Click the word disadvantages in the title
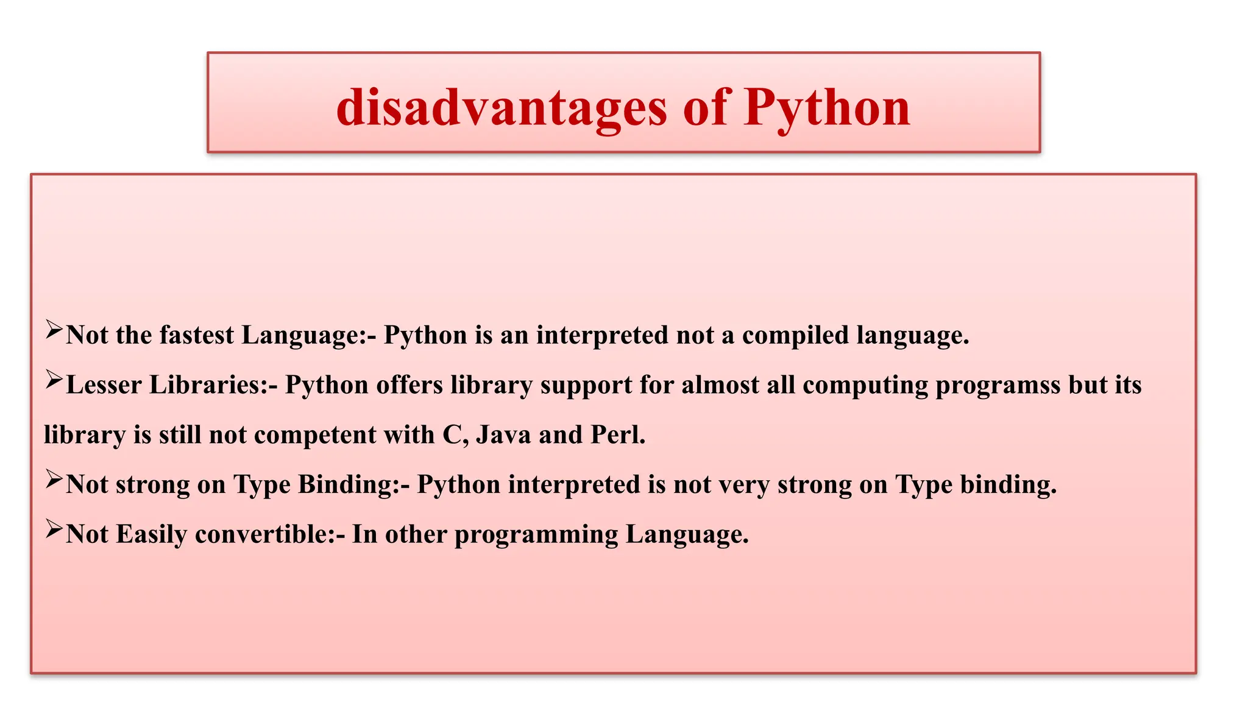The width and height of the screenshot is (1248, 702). click(501, 108)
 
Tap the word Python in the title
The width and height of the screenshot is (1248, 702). click(826, 108)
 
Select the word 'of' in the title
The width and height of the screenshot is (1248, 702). click(706, 108)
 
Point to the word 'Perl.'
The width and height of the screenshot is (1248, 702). click(618, 435)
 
